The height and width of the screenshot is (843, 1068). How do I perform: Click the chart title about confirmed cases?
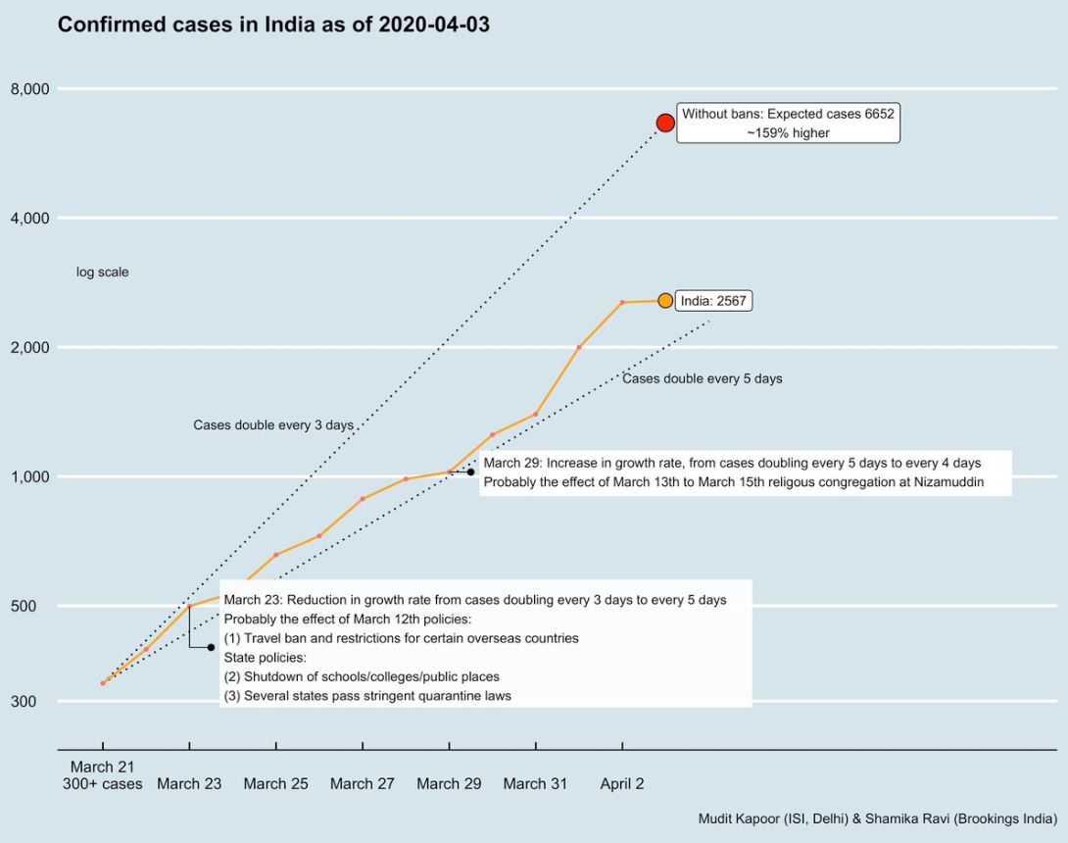[x=273, y=25]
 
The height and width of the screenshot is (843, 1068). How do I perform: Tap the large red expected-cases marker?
[x=665, y=123]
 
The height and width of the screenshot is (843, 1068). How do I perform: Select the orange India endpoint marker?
[x=665, y=301]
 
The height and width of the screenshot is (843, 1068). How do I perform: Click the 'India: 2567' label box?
[x=713, y=301]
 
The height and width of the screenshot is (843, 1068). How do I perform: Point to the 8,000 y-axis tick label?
[x=29, y=89]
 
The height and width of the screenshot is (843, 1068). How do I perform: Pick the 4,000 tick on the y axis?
[x=29, y=218]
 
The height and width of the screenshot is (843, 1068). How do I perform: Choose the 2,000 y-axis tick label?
[x=29, y=347]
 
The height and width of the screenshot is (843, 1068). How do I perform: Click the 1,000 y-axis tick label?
[x=29, y=476]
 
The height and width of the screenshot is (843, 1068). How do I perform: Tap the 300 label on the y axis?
[x=37, y=701]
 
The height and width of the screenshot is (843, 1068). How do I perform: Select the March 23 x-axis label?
[x=189, y=783]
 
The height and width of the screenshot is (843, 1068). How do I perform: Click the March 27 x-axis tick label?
[x=363, y=783]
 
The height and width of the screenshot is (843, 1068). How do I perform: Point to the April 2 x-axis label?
[x=622, y=783]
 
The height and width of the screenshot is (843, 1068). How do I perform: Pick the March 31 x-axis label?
[x=535, y=783]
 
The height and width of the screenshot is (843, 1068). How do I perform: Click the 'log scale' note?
[x=102, y=273]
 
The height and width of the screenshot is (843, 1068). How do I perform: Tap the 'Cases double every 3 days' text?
[x=272, y=425]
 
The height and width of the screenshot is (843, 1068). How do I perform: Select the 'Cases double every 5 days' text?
[x=702, y=378]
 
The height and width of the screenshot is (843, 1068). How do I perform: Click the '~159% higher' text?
[x=788, y=133]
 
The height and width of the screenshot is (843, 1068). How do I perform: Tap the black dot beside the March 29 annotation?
[x=470, y=472]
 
